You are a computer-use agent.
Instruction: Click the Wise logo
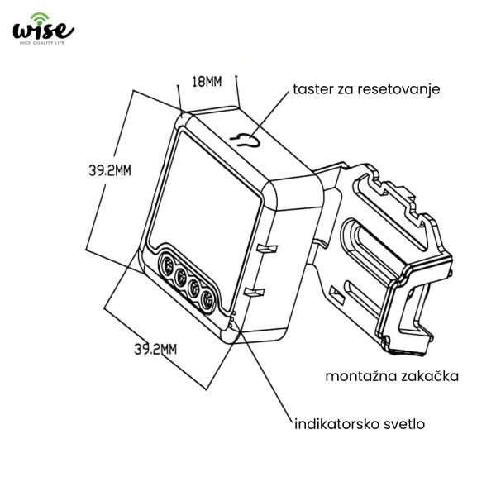click(43, 29)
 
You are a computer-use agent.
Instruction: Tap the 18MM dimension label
click(207, 82)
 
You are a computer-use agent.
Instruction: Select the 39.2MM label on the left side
click(110, 171)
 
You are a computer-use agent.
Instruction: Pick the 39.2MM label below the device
click(155, 349)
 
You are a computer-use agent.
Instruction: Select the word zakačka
click(429, 376)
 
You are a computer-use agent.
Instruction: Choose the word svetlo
click(404, 424)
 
